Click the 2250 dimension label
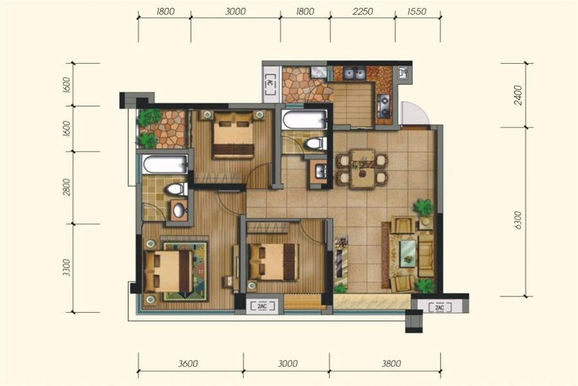363,12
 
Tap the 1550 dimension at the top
417,12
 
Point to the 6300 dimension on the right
518,221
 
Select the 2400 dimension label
518,95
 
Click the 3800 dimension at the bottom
391,363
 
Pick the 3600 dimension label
188,363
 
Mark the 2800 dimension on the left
66,187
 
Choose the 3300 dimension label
66,268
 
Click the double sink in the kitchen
355,74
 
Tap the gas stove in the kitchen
384,106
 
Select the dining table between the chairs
362,169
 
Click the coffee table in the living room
408,253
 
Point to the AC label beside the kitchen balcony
270,84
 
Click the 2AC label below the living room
439,308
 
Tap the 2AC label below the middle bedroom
262,306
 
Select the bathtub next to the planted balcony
165,165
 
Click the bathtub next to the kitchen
304,120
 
